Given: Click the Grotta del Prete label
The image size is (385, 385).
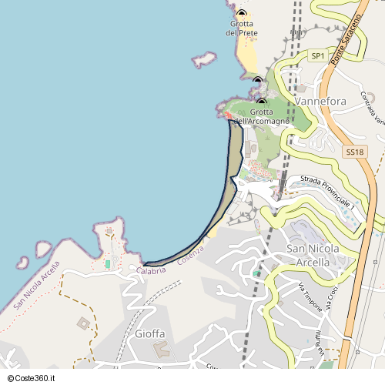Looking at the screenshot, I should tap(242, 28).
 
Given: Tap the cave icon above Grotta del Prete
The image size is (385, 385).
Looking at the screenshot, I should tap(242, 14).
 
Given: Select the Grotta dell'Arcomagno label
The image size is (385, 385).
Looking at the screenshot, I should tap(262, 116).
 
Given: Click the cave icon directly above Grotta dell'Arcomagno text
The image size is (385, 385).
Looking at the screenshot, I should tap(262, 102).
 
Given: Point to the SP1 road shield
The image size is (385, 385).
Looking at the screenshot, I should tap(318, 56).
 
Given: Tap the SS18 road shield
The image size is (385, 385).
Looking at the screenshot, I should tap(354, 152).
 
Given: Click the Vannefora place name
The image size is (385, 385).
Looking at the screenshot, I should tap(320, 101).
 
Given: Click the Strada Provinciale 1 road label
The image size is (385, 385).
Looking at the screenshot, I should tap(327, 192).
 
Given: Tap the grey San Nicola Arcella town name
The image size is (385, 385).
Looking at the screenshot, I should tap(318, 255).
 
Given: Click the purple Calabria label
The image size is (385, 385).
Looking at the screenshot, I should tap(152, 269).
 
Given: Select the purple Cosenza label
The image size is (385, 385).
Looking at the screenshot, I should tap(191, 255).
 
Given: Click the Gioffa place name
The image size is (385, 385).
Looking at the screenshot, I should tap(150, 333).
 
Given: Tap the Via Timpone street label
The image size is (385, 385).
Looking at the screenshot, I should tap(309, 297).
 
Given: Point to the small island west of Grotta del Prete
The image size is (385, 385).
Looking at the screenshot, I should tap(204, 59).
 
